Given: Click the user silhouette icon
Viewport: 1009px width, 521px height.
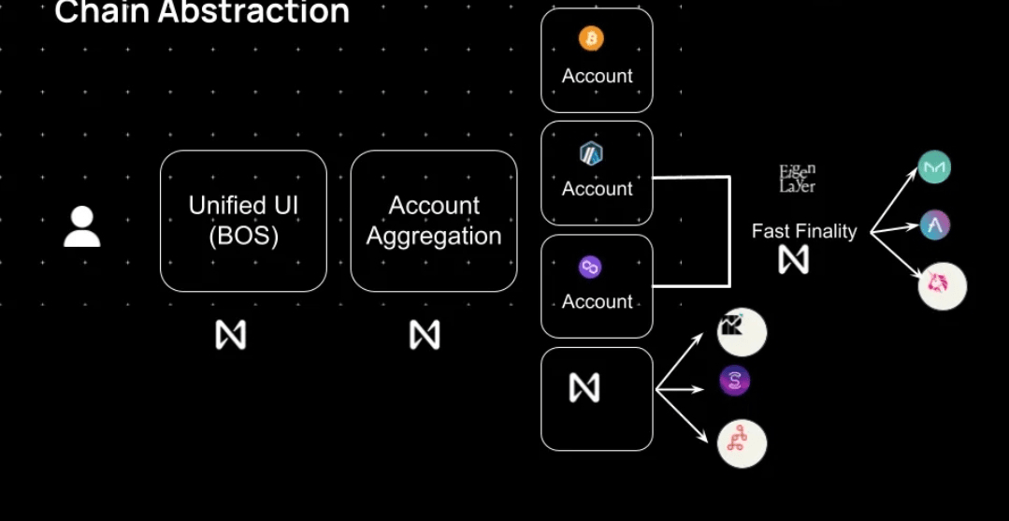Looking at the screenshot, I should (x=82, y=227).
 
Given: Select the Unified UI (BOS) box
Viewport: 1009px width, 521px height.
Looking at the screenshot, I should (x=243, y=221).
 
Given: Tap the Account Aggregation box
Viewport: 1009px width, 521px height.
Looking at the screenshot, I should (x=434, y=221).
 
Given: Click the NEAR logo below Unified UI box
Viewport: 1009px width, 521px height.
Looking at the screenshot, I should (x=230, y=335).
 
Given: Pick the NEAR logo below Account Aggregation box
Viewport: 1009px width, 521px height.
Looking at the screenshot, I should (x=425, y=335).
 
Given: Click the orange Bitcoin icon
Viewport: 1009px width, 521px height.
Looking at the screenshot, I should (x=591, y=38).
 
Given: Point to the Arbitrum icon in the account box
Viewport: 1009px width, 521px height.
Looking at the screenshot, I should (x=591, y=153).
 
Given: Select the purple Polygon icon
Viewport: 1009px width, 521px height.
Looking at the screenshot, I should (x=590, y=268).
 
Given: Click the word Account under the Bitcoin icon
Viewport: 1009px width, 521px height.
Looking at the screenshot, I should (x=597, y=76).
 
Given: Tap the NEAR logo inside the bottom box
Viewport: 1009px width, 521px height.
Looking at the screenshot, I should (x=584, y=387).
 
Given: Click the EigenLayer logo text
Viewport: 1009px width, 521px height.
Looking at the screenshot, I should (x=798, y=178).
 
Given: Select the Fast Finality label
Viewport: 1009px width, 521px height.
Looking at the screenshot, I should (x=804, y=231).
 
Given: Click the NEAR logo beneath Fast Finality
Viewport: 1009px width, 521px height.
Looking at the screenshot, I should (x=793, y=259).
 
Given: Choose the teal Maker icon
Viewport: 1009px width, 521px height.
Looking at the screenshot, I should (x=934, y=167).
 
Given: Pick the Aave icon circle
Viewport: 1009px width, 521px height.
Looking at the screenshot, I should (x=935, y=224).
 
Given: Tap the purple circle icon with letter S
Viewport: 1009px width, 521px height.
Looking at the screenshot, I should (x=735, y=381).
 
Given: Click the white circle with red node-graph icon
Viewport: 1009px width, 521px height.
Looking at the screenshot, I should (x=742, y=443).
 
